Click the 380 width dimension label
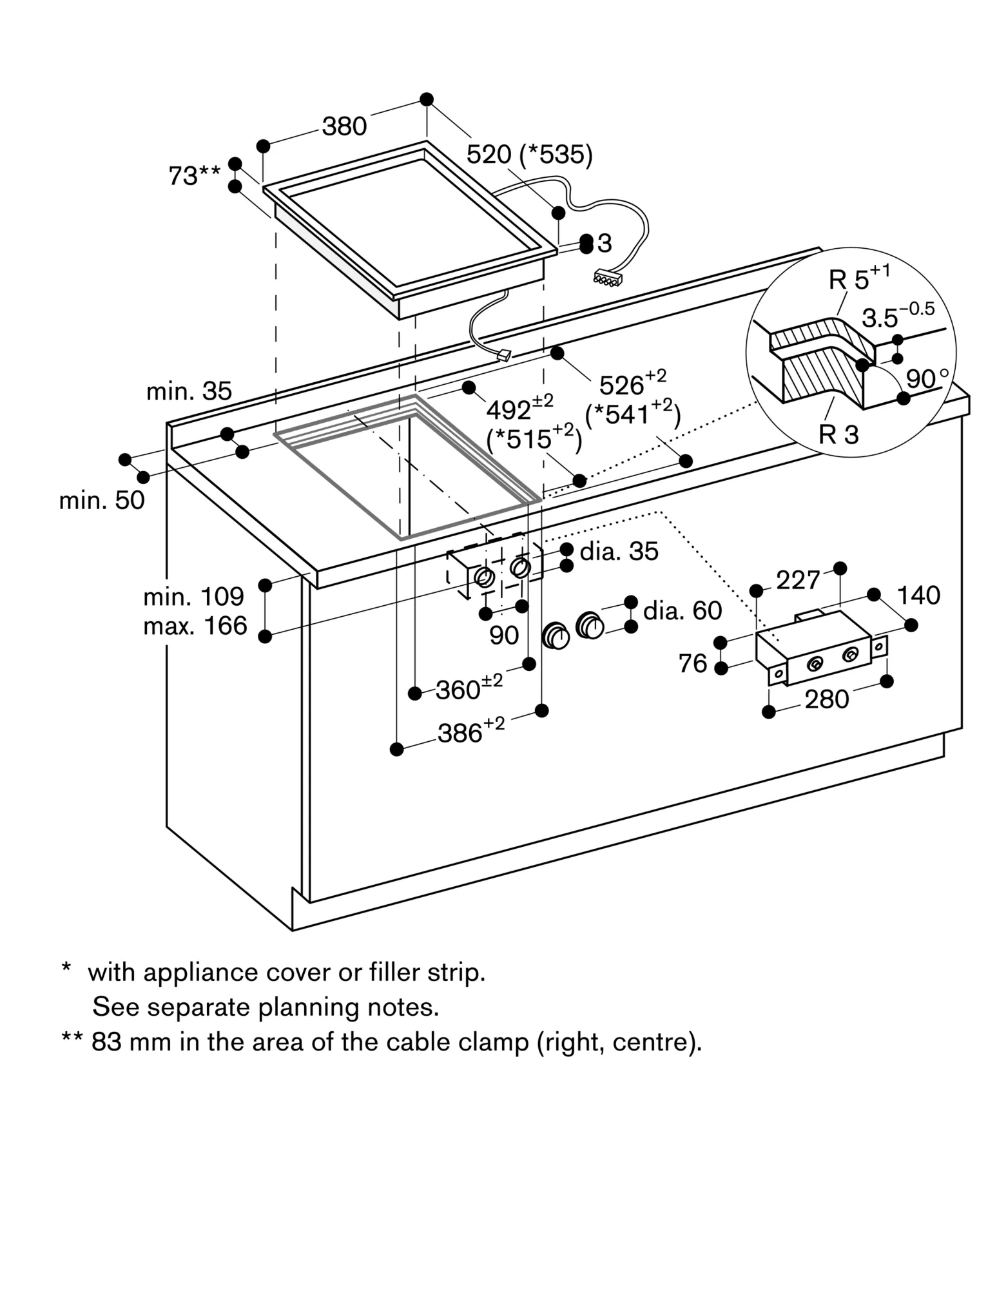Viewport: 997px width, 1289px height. (x=344, y=126)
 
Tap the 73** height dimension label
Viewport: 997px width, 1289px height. (x=194, y=175)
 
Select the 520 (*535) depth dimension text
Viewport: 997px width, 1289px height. (x=529, y=155)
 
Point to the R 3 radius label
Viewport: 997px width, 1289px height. (x=838, y=434)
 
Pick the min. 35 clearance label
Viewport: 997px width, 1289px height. (x=189, y=391)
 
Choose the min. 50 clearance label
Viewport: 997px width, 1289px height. (x=102, y=500)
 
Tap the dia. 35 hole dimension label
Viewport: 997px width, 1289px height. (x=619, y=552)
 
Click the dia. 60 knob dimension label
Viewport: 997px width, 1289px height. (x=682, y=610)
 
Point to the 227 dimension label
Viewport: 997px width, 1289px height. (x=798, y=581)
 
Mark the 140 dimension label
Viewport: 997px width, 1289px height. (x=918, y=595)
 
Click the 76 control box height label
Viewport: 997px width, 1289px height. (x=693, y=663)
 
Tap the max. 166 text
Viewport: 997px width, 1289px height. (x=195, y=626)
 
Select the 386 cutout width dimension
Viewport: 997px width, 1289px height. (x=470, y=731)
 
